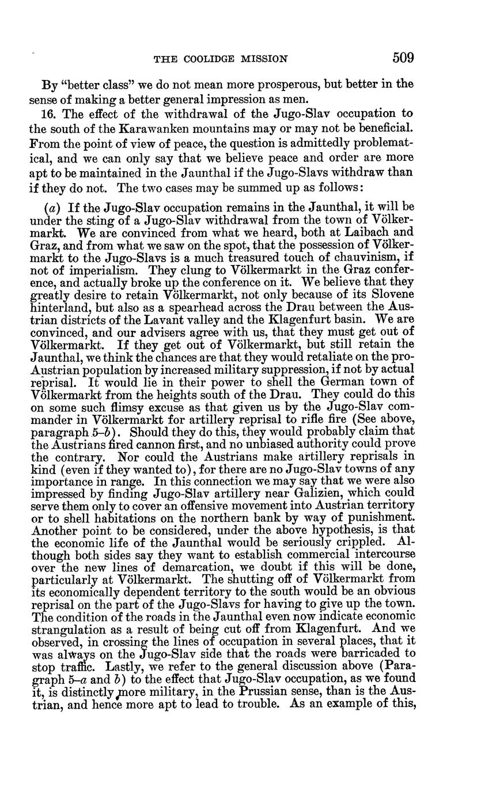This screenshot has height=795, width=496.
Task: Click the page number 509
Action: [x=403, y=58]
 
